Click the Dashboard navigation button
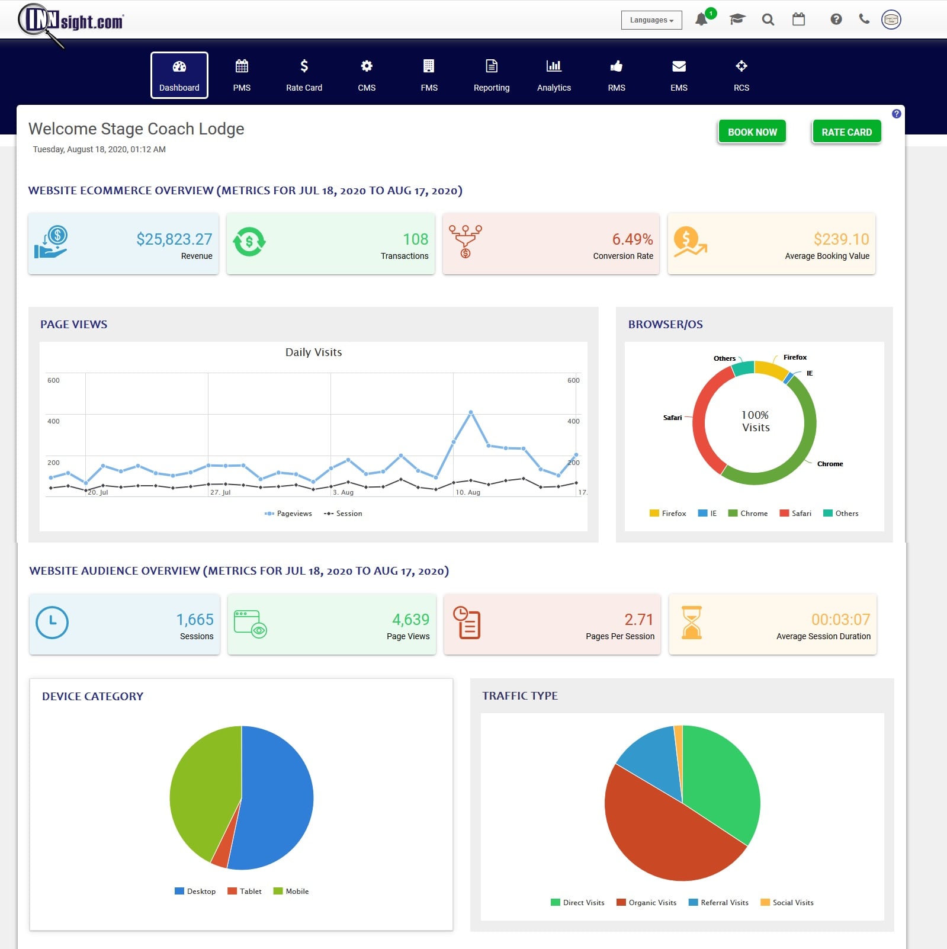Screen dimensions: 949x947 (179, 75)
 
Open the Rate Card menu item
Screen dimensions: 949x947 (304, 75)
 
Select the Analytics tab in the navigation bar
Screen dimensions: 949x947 (554, 75)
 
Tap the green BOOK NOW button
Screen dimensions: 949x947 (752, 132)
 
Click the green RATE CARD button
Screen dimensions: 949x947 (846, 132)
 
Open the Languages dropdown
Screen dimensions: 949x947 (651, 20)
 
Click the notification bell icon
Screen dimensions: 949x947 (701, 20)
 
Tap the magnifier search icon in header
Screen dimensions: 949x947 (768, 20)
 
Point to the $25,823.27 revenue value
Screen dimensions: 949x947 (174, 239)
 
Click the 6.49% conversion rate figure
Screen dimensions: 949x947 (632, 239)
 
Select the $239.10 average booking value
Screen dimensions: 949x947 (840, 239)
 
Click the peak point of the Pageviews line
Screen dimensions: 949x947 (471, 412)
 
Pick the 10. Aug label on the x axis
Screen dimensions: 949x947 (468, 492)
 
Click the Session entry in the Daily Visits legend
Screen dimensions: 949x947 (344, 514)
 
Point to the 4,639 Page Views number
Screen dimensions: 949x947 (410, 620)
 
